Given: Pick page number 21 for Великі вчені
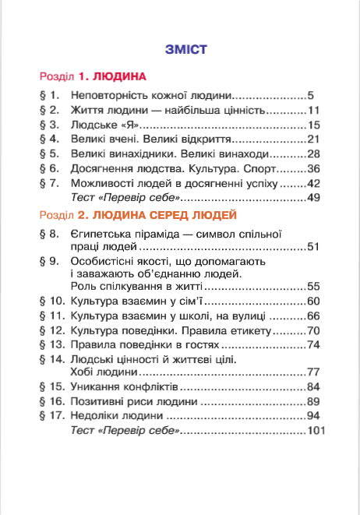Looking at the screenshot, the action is (314, 139).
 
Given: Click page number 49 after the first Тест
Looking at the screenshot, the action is (314, 198).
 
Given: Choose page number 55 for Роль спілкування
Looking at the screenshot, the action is (314, 286).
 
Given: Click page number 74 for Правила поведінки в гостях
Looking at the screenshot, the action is (314, 345).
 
